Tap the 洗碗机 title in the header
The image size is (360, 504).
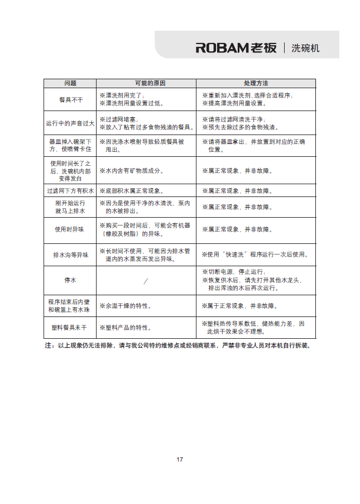coord(305,48)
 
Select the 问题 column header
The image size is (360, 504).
coord(70,83)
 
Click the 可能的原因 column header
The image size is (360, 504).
coord(146,83)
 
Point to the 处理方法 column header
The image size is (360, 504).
coord(256,83)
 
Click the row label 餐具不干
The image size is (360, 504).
coord(70,99)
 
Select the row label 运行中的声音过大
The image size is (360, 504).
coord(70,123)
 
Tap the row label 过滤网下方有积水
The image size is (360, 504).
coord(70,191)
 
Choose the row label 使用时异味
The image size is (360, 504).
coord(70,229)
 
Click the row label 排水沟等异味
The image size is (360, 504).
coord(70,255)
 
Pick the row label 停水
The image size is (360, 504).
coord(70,280)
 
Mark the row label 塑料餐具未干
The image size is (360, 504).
coord(70,328)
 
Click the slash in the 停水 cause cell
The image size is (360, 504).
coord(146,281)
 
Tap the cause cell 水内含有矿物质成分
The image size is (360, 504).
coord(132,171)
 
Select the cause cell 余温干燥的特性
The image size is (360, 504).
coord(126,306)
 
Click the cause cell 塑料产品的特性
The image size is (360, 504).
coord(126,328)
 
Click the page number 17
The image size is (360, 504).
coord(180,459)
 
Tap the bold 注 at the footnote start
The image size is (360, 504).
coord(49,345)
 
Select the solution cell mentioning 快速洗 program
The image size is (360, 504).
coord(255,255)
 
